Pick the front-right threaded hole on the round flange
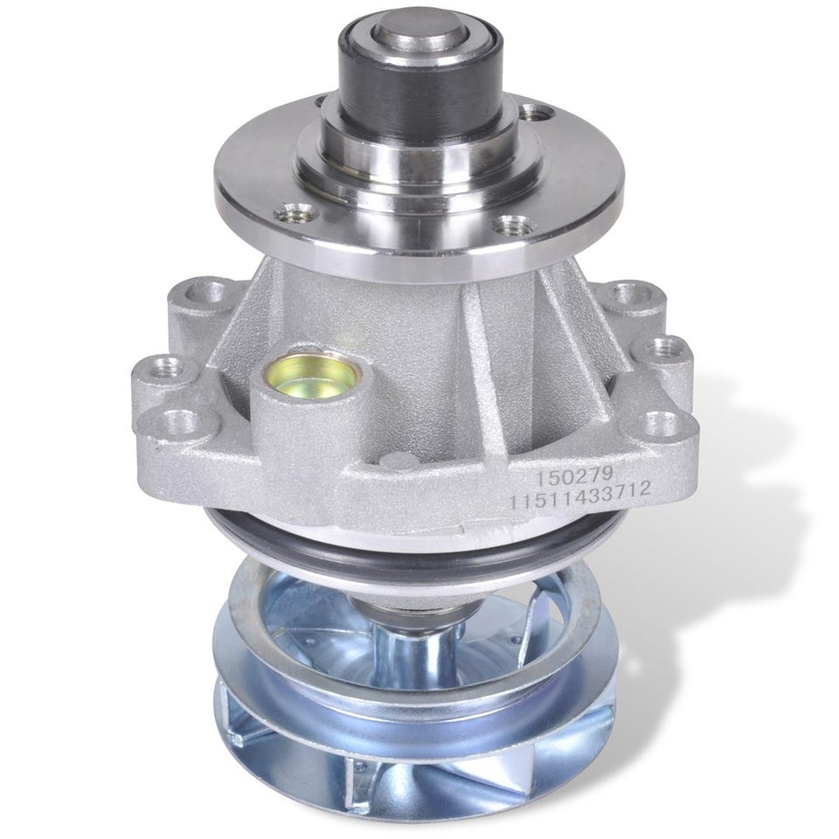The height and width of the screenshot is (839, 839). pyautogui.click(x=513, y=225)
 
